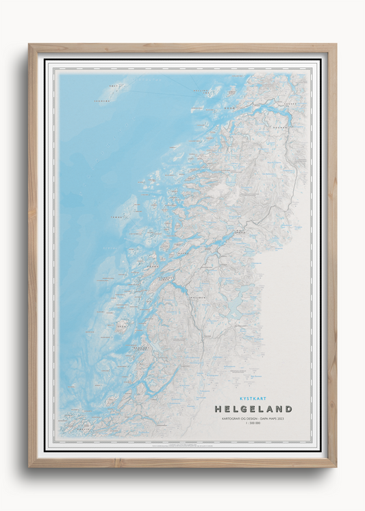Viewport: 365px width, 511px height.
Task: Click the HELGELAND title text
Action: pos(253,409)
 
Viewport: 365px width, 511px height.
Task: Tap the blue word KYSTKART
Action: pos(253,398)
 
